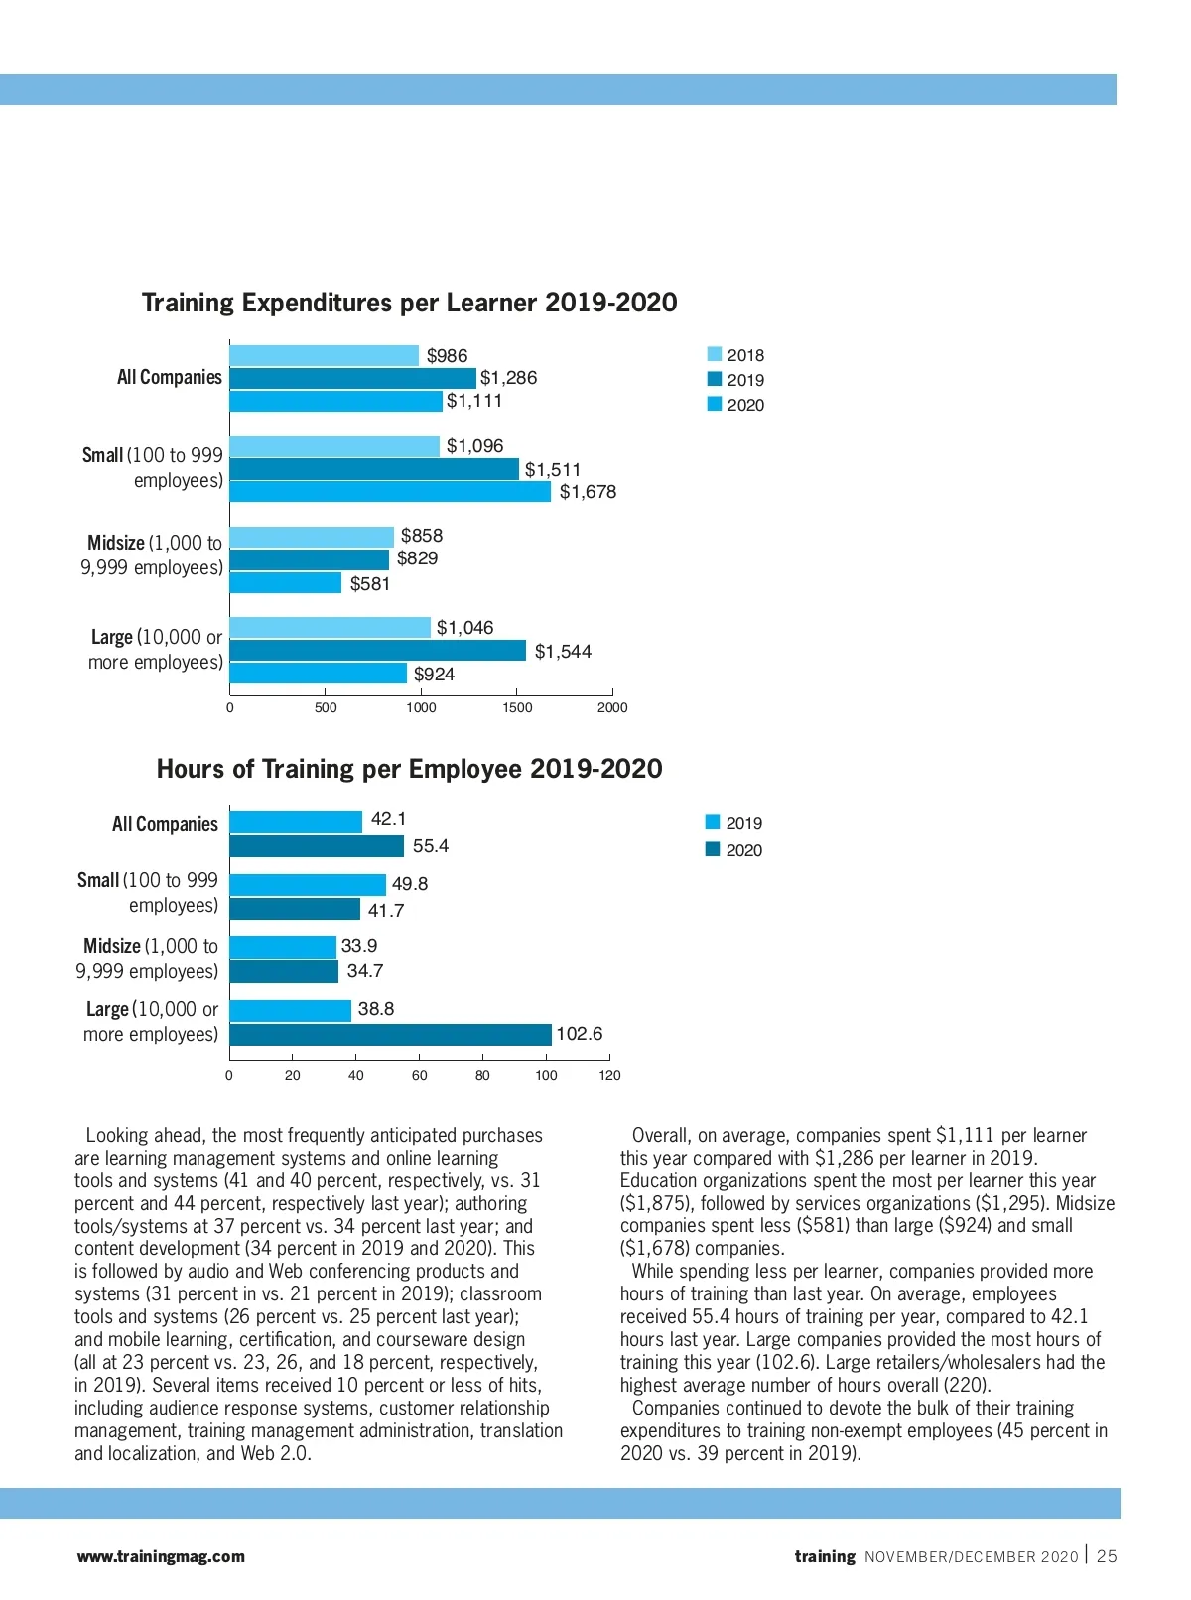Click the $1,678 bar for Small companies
point(390,492)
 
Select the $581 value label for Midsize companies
point(370,584)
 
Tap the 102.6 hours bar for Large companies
point(390,1035)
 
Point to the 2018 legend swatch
point(715,355)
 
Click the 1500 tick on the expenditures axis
point(517,707)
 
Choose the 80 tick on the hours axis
point(482,1075)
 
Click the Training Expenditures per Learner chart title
point(409,303)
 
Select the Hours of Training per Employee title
point(409,769)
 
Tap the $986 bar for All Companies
point(325,355)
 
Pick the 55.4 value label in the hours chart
point(431,846)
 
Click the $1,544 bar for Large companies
point(378,651)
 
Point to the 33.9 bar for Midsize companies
point(283,947)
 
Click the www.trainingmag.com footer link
point(161,1556)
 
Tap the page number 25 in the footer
point(1107,1556)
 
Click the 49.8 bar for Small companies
point(308,885)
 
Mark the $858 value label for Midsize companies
point(422,536)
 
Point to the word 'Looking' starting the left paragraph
point(117,1135)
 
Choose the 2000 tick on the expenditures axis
point(612,707)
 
